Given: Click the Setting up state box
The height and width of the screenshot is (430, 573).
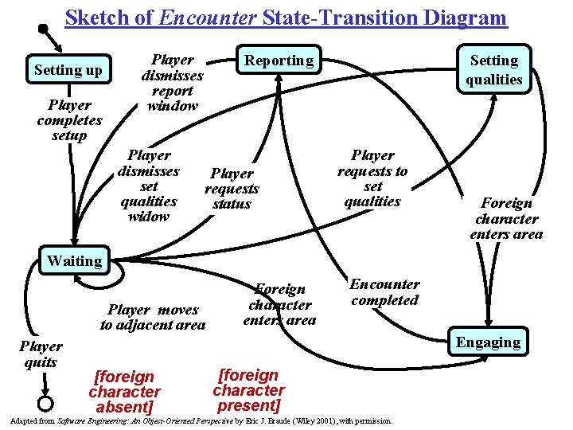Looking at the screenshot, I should coord(68,70).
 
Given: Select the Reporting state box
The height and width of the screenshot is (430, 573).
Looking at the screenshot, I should coord(279,61).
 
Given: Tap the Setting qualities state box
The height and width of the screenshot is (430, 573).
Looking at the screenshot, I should coord(493,69).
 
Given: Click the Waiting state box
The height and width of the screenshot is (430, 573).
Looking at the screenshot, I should coord(75,260).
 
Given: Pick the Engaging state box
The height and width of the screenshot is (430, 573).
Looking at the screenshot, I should coord(488,342).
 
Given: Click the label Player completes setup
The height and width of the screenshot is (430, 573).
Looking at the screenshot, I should coord(69,119).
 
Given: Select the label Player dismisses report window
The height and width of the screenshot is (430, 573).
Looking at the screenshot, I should coord(173,83).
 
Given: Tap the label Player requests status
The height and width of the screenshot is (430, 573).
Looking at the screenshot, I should coord(232,189).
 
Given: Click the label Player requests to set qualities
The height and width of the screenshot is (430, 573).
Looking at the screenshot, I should coord(372,178).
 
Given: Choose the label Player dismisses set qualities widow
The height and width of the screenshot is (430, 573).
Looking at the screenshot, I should coord(149,186).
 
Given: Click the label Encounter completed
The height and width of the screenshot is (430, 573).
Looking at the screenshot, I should coord(384,292).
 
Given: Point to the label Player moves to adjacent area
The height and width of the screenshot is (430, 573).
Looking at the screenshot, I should coord(153,317).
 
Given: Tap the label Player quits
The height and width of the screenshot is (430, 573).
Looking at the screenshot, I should coord(41,354).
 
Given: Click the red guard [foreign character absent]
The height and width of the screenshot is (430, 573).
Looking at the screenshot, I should coord(124,391).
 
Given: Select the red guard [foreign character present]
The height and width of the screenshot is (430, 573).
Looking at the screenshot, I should coord(248,390).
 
